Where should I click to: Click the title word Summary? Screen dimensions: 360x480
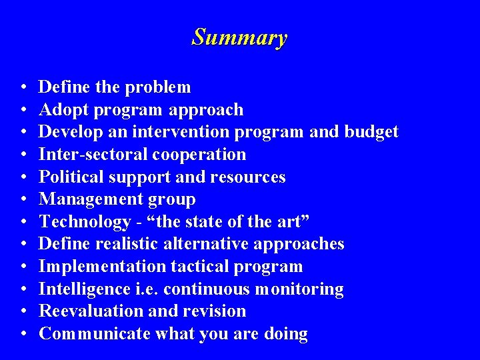239,37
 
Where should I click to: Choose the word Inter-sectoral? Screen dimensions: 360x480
93,155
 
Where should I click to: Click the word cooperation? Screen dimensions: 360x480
199,155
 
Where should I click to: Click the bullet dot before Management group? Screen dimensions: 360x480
23,200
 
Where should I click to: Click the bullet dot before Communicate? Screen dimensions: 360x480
23,334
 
